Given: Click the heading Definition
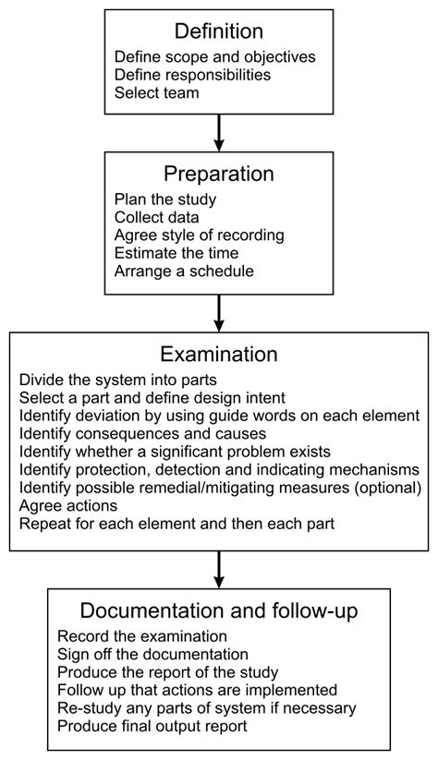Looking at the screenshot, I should point(218,32).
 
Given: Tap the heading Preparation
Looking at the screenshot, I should point(218,174).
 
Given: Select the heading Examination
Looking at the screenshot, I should point(218,356).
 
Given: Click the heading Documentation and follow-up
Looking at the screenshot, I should point(218,611).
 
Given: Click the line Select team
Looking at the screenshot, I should point(158,93).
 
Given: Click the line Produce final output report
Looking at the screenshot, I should point(166,725).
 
